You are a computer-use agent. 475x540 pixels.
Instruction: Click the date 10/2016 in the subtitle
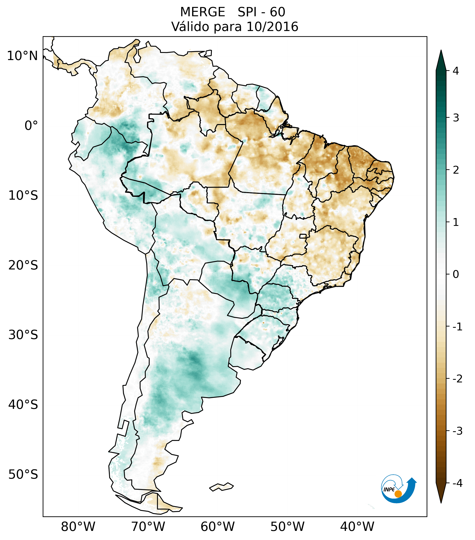pyautogui.click(x=272, y=27)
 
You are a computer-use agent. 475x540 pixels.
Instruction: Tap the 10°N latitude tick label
pyautogui.click(x=23, y=56)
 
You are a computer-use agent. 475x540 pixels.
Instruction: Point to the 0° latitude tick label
pyautogui.click(x=31, y=126)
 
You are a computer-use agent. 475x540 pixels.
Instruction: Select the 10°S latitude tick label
pyautogui.click(x=23, y=196)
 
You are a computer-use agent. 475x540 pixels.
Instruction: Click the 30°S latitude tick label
pyautogui.click(x=23, y=335)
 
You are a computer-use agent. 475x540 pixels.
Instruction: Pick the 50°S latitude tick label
pyautogui.click(x=23, y=475)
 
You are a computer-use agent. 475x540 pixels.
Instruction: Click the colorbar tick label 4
pyautogui.click(x=456, y=71)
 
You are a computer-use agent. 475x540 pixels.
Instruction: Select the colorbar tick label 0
pyautogui.click(x=456, y=274)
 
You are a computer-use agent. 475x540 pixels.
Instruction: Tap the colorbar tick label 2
pyautogui.click(x=456, y=170)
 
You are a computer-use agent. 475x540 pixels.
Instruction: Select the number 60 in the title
pyautogui.click(x=277, y=12)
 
